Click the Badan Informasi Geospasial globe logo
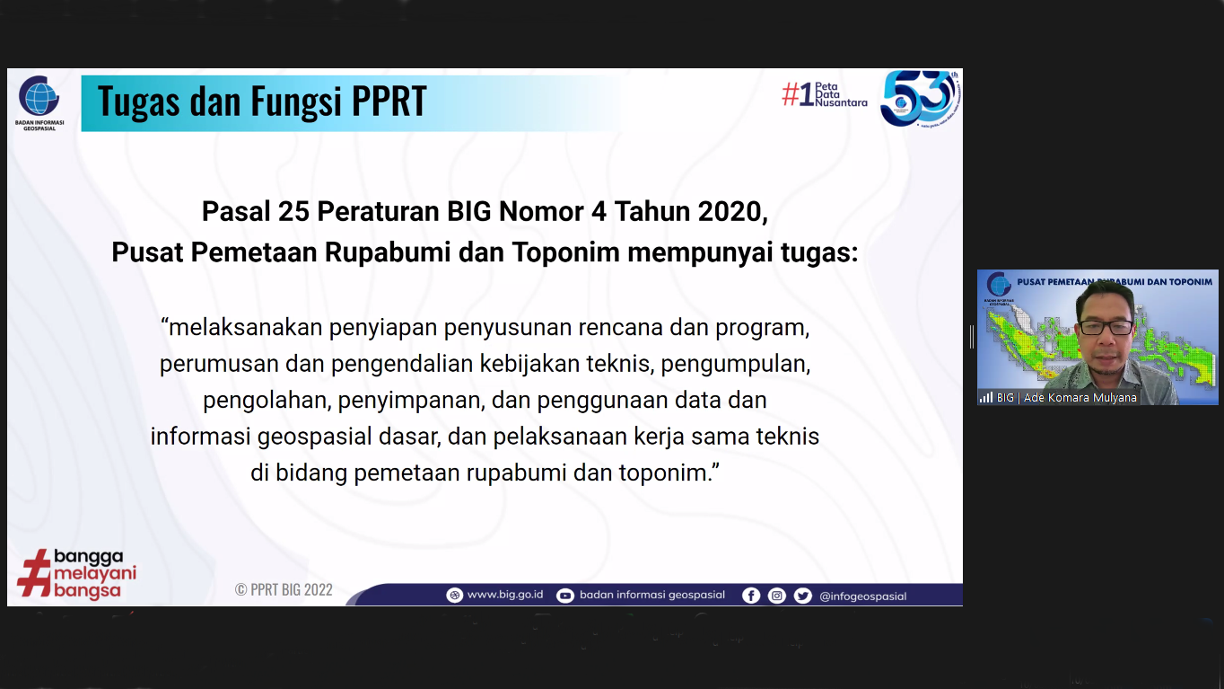pyautogui.click(x=39, y=96)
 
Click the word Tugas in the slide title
pyautogui.click(x=138, y=102)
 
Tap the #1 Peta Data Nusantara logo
pyautogui.click(x=824, y=94)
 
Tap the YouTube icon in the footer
pyautogui.click(x=565, y=596)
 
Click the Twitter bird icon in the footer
pyautogui.click(x=802, y=596)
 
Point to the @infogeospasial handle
pyautogui.click(x=862, y=596)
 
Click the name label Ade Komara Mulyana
pyautogui.click(x=1080, y=397)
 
